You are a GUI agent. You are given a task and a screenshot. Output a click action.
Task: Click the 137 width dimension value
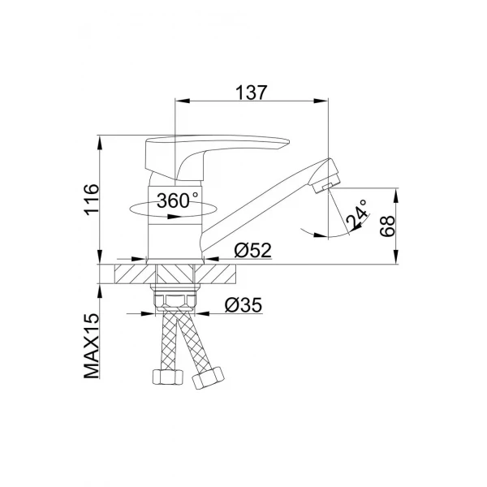[253, 92]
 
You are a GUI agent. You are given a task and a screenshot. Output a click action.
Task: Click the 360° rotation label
[178, 200]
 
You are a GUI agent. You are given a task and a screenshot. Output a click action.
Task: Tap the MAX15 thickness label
[90, 347]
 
